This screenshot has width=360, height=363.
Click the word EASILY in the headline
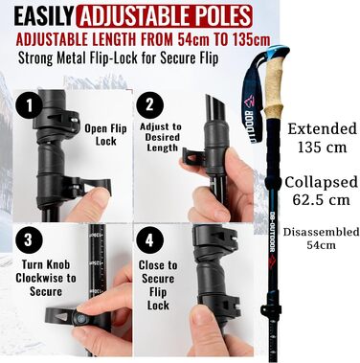44,16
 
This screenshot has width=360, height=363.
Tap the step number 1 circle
30,105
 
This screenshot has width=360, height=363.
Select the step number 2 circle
149,105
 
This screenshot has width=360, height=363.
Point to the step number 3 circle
29,240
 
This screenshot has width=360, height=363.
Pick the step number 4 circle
149,240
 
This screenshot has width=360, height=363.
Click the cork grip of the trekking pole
272,88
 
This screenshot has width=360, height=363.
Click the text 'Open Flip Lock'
105,135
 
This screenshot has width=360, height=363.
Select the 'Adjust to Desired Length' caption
161,137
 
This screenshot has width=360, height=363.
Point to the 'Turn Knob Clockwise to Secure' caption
46,278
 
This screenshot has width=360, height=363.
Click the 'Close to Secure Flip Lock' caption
158,285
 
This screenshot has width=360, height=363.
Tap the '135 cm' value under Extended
322,147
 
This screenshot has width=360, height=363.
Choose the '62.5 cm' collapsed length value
322,200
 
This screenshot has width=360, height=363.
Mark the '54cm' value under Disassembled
321,245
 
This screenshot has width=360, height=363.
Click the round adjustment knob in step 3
79,318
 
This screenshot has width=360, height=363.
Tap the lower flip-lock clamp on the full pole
271,309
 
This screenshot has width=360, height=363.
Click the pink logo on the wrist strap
249,102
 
